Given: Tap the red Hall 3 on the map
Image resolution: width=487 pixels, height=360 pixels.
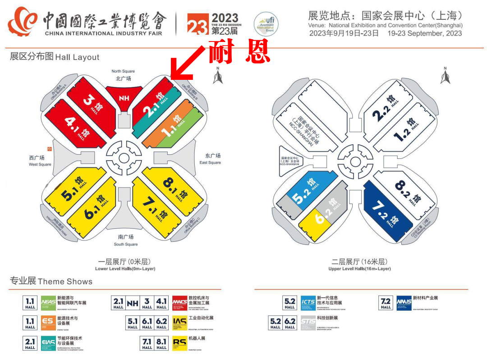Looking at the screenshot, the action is click(90, 101).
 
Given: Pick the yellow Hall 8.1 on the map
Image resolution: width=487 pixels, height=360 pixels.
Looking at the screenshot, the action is click(174, 187).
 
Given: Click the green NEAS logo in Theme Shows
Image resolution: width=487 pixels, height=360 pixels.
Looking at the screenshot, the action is click(48, 302).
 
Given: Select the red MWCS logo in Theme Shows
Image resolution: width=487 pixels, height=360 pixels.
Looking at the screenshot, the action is click(179, 302).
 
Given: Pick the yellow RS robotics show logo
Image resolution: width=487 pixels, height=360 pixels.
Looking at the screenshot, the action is click(179, 342).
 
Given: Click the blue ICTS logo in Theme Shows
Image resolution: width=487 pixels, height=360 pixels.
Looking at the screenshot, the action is click(308, 302).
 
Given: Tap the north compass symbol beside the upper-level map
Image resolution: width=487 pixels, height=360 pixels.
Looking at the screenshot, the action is click(445, 76).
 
